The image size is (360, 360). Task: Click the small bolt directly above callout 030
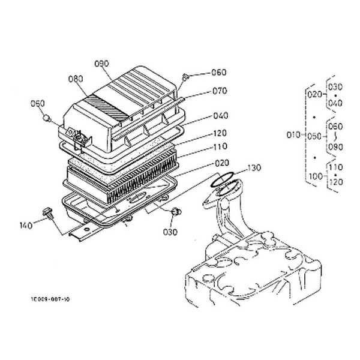[x=175, y=212]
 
